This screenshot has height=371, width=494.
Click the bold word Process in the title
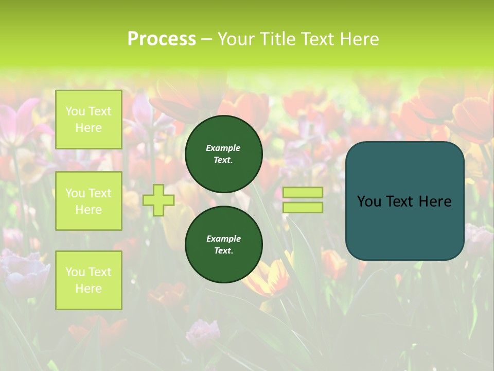click(x=162, y=39)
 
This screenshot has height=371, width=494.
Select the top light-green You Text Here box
click(x=89, y=120)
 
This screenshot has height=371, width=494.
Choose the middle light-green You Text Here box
click(x=89, y=201)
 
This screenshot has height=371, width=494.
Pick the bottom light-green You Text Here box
click(x=89, y=280)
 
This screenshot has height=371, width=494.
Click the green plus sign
click(x=158, y=200)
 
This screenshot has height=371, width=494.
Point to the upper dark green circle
click(x=223, y=154)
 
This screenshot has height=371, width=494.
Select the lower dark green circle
click(x=223, y=244)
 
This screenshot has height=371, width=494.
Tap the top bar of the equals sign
click(x=303, y=192)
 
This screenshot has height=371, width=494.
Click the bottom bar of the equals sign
click(x=303, y=207)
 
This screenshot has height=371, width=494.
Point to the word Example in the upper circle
click(x=223, y=148)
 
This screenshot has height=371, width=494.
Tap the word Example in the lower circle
click(x=223, y=239)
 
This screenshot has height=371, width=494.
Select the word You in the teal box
click(x=369, y=201)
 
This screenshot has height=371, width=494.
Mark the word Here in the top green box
click(x=89, y=128)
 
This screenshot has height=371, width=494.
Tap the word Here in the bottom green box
click(x=89, y=289)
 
